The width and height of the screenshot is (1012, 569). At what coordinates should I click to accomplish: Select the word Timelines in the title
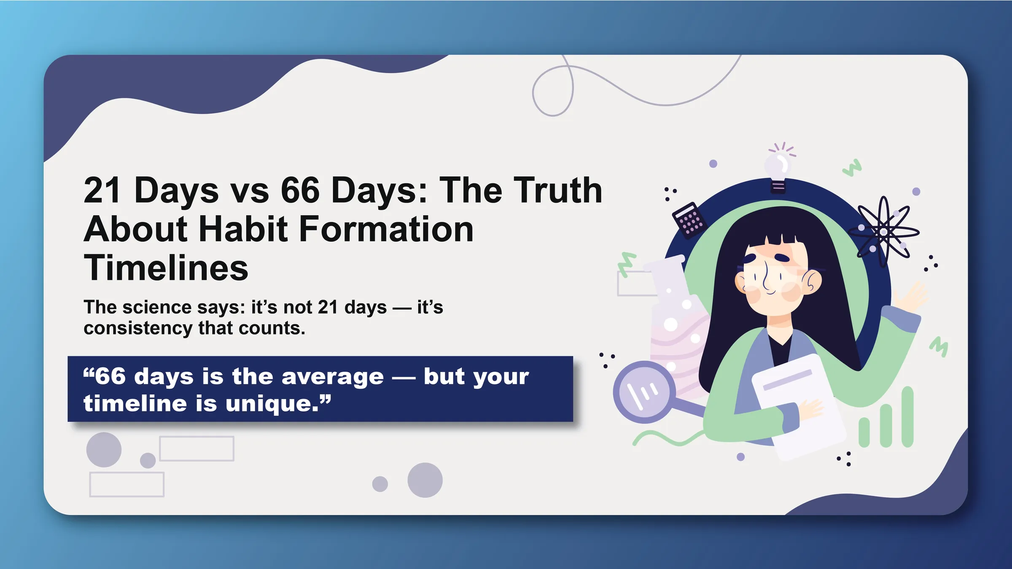click(166, 268)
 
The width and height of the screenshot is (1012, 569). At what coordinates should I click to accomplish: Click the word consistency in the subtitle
click(138, 328)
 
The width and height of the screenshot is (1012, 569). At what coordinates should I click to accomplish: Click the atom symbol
click(884, 231)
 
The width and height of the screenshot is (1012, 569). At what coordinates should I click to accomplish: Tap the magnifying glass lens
click(641, 392)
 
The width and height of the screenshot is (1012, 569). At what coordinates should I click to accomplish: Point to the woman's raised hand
click(912, 297)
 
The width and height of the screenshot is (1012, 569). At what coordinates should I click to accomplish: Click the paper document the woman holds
click(799, 407)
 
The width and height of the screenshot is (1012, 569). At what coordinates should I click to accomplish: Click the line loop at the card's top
click(553, 90)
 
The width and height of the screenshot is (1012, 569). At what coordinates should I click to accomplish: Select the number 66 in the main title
click(300, 190)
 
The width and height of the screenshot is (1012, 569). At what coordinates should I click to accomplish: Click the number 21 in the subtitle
click(328, 307)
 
